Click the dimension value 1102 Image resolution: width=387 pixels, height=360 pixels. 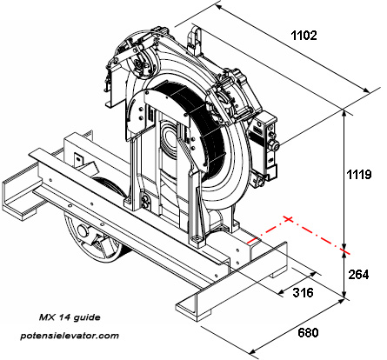click(298, 36)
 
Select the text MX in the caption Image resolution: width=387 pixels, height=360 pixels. click(49, 318)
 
